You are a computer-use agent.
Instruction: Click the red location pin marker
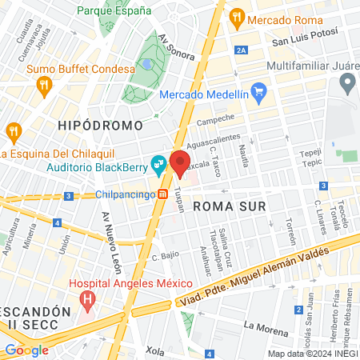click(180, 163)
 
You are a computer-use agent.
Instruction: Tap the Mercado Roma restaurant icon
click(236, 17)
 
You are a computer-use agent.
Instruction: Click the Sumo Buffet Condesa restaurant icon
click(44, 84)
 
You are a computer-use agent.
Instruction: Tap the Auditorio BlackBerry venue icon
click(159, 165)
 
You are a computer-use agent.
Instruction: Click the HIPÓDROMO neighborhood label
click(100, 126)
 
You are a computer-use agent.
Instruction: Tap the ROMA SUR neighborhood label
click(230, 205)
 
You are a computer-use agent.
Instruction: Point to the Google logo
click(26, 350)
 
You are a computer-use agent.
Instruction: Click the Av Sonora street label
click(176, 49)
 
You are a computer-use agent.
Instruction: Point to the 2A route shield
click(242, 50)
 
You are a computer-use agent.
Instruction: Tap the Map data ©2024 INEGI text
click(312, 354)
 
